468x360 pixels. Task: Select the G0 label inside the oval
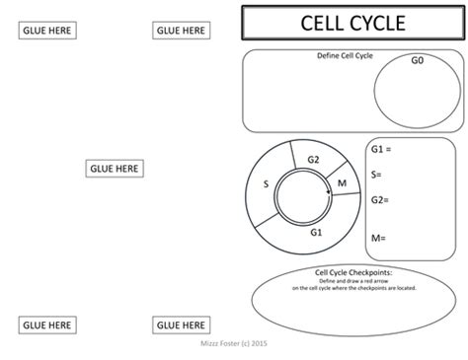tap(417, 61)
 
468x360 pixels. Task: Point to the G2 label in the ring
tap(313, 160)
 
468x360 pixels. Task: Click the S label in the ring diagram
tap(265, 183)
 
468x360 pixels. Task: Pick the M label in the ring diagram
tap(342, 183)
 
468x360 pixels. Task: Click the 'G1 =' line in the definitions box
tap(382, 149)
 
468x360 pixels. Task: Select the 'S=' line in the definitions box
tap(376, 175)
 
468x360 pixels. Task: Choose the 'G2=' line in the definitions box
tap(380, 200)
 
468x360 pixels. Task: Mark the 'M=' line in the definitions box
tap(377, 238)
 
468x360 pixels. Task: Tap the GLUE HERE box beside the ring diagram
tap(114, 169)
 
